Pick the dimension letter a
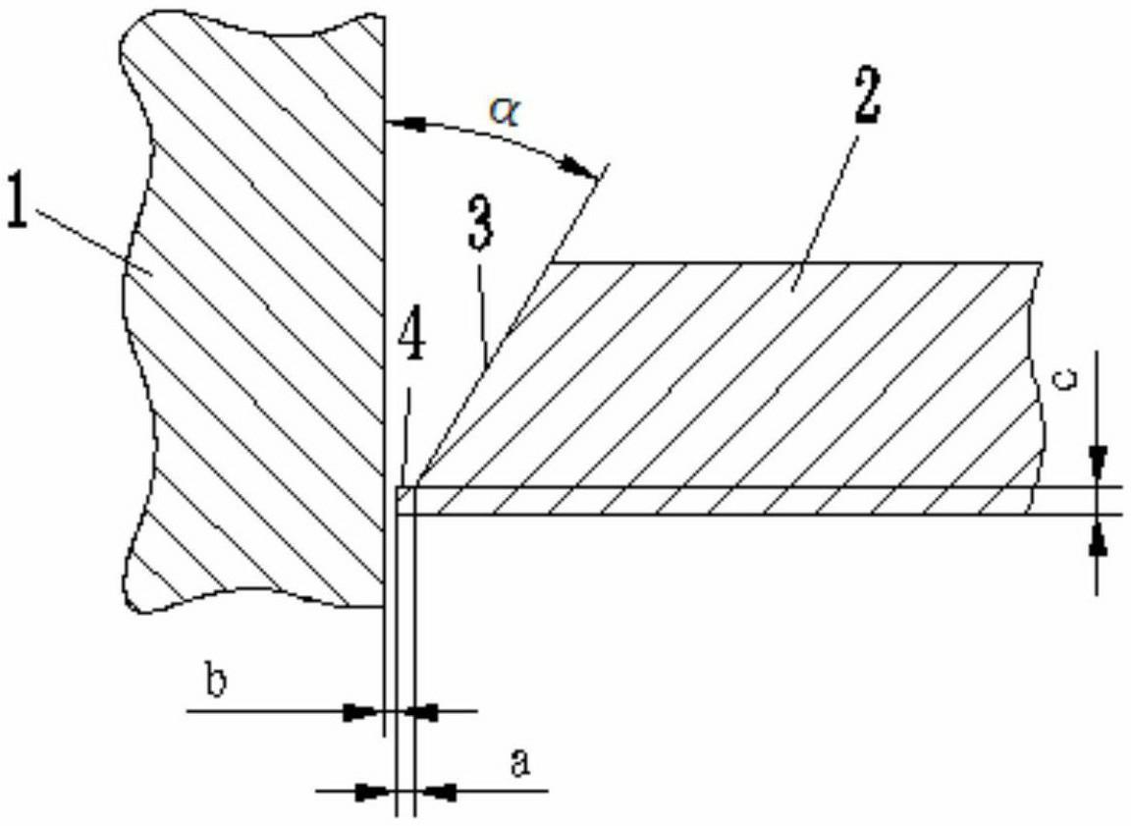[x=520, y=763]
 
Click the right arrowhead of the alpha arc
[x=581, y=168]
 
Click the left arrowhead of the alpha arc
[x=403, y=124]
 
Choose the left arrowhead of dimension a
[x=376, y=792]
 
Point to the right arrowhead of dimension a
[x=435, y=792]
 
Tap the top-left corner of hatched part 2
[x=551, y=262]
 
